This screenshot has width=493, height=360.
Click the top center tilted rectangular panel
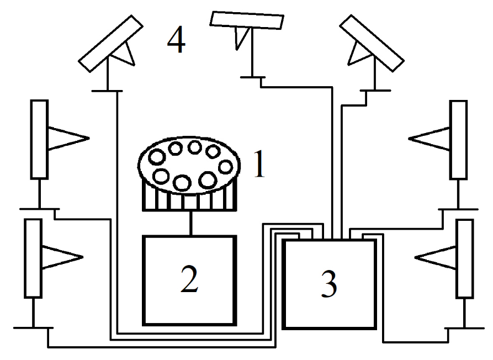click(247, 20)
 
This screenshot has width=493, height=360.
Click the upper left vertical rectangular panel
click(39, 139)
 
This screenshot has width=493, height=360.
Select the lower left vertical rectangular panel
click(33, 258)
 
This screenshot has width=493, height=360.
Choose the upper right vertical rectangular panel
click(458, 139)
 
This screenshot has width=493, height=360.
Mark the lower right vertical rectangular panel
click(465, 258)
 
